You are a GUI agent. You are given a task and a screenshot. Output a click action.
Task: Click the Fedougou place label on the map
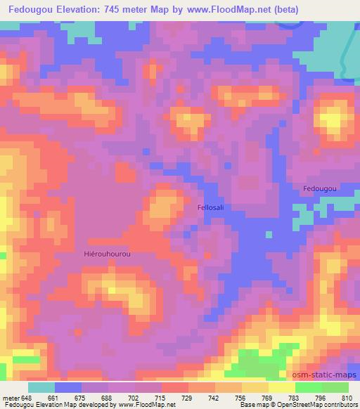click(x=320, y=189)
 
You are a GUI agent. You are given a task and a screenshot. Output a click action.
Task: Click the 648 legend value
click(x=27, y=398)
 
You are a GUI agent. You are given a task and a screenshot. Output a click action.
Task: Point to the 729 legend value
click(x=187, y=398)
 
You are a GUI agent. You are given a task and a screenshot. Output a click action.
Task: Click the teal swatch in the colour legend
click(x=41, y=387)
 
